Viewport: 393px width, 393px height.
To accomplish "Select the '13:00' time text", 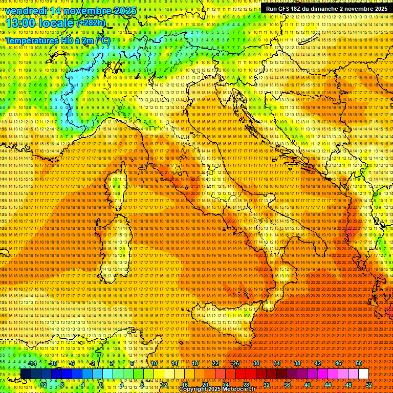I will pyautogui.click(x=21, y=23).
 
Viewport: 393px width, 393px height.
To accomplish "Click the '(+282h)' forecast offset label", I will pyautogui.click(x=91, y=23).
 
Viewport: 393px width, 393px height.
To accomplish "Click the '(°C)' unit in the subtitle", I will pyautogui.click(x=103, y=40).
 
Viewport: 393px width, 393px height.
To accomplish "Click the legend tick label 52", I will pyautogui.click(x=369, y=385).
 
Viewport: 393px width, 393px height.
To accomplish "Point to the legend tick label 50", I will pyautogui.click(x=359, y=363).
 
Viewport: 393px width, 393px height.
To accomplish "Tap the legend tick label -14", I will pyautogui.click(x=32, y=363).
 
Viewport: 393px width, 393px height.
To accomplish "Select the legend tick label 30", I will pyautogui.click(x=256, y=363).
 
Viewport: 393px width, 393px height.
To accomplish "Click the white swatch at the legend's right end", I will pyautogui.click(x=363, y=374).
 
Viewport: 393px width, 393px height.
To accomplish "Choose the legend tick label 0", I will pyautogui.click(x=101, y=385).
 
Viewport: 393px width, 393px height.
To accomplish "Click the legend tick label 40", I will pyautogui.click(x=308, y=385).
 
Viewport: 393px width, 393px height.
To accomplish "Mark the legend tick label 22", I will pyautogui.click(x=215, y=363).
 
